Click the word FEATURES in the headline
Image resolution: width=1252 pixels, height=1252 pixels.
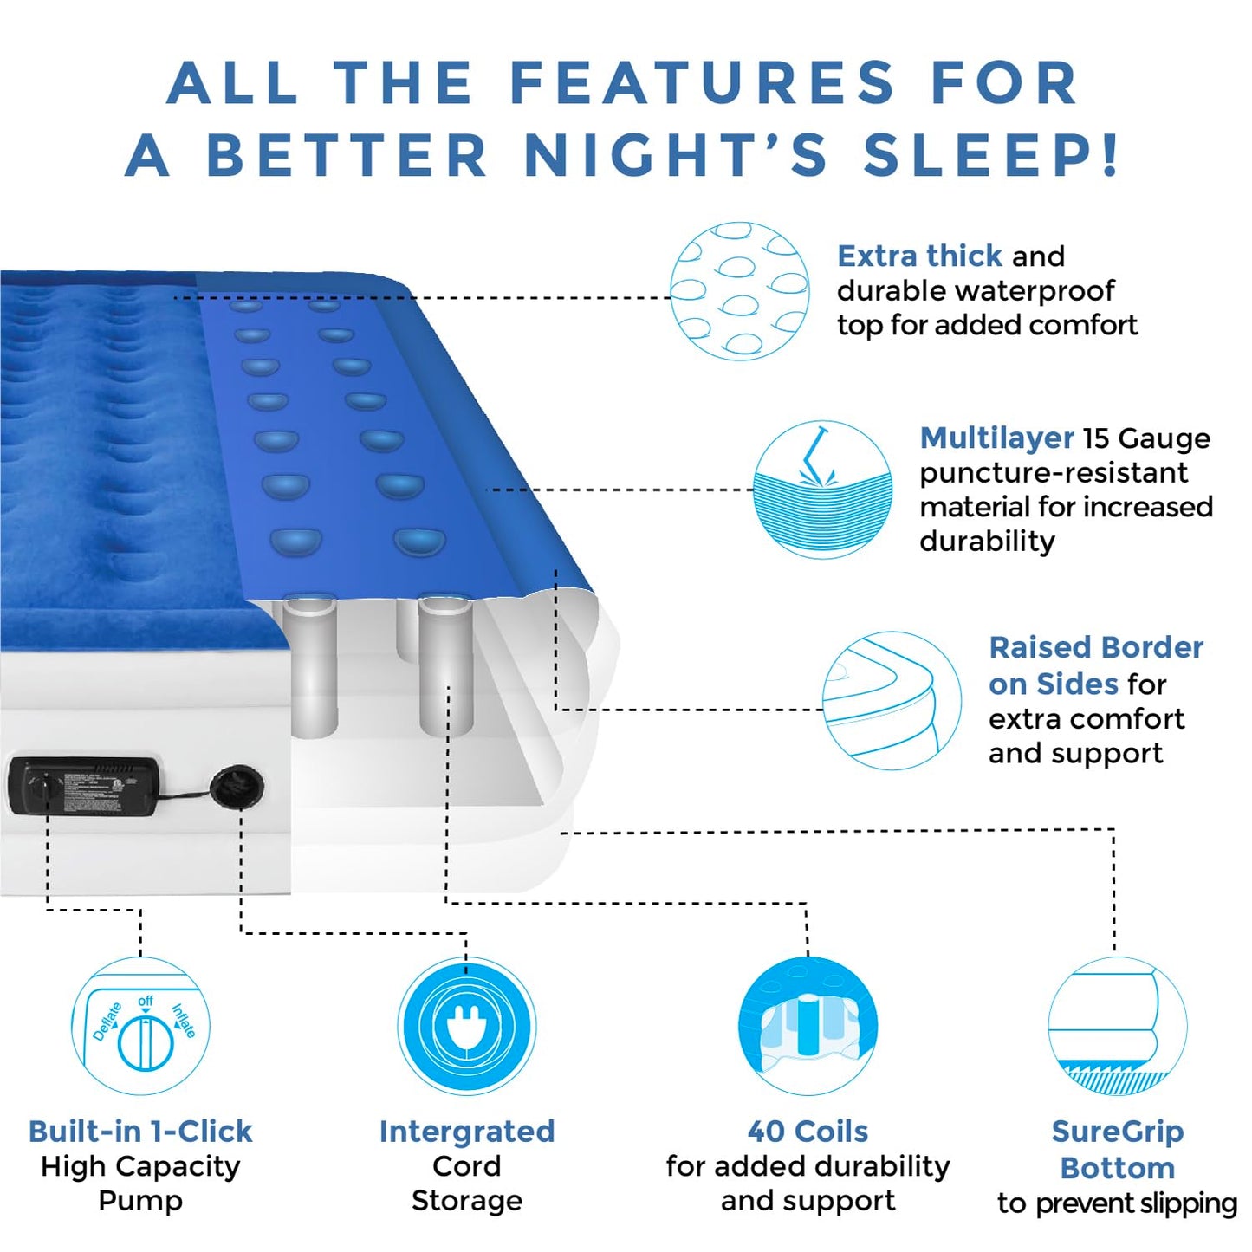702,84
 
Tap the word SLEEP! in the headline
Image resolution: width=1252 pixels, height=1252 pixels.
991,157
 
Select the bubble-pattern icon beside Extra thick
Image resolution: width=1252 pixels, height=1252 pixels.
739,291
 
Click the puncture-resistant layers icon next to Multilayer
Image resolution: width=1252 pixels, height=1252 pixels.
822,490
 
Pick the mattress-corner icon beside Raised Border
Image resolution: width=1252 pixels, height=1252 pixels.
891,700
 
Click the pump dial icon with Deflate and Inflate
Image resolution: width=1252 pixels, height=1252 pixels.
140,1027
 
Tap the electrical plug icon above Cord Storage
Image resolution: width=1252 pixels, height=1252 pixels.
466,1027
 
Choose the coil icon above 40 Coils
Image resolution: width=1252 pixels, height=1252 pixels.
808,1027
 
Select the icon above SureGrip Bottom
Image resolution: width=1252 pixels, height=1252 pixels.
1117,1027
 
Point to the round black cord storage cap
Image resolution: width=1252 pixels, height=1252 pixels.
236,787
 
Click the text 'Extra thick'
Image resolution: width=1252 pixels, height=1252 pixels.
919,256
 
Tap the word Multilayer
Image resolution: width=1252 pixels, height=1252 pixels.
996,438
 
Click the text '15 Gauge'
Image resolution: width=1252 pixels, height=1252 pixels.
1146,438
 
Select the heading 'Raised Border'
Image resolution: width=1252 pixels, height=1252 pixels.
1096,648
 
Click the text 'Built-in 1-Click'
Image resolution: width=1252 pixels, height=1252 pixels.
140,1132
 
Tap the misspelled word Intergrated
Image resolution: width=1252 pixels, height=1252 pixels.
466,1132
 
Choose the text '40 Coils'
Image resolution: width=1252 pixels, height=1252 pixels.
808,1132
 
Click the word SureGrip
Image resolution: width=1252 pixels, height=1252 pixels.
1117,1132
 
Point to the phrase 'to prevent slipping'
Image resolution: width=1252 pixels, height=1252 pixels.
1117,1203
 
